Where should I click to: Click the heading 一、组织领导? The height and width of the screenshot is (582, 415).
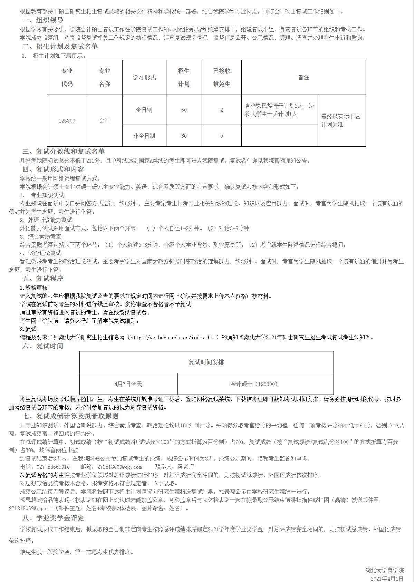(x=43, y=20)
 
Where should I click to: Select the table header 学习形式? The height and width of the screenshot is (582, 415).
(x=144, y=77)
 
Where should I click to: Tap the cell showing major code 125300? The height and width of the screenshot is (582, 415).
(x=67, y=120)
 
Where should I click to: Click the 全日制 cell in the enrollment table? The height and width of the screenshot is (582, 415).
(x=144, y=110)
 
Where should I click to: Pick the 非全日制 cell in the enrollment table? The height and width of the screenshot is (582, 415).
(x=144, y=136)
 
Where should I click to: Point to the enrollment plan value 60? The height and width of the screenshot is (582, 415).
(x=184, y=110)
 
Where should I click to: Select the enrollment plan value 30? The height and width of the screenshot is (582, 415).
(x=184, y=136)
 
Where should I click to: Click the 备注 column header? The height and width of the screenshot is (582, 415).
(x=303, y=77)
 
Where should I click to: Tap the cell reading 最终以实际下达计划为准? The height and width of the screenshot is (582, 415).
(x=341, y=120)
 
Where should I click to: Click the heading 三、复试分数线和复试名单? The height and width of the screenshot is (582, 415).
(x=64, y=152)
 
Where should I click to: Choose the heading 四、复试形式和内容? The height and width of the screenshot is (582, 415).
(x=53, y=169)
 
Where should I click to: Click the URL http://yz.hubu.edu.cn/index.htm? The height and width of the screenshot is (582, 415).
(x=174, y=337)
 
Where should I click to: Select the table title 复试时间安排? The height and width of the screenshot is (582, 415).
(x=206, y=362)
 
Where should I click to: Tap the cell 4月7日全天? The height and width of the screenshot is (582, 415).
(x=128, y=384)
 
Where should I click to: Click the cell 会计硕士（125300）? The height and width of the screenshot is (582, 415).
(x=255, y=384)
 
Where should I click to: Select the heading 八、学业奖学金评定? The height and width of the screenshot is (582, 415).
(x=53, y=518)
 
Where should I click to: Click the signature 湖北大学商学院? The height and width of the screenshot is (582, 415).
(x=385, y=570)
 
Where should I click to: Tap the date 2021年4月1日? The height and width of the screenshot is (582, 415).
(x=387, y=578)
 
